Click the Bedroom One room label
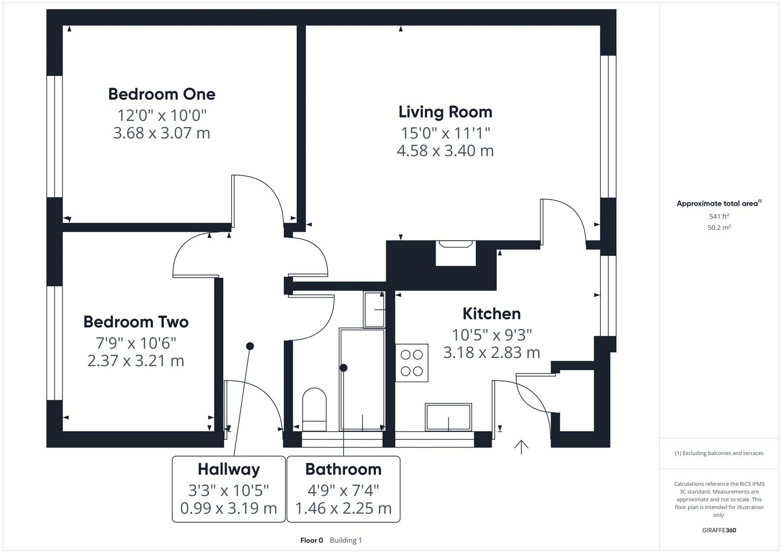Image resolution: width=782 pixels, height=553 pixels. [161, 94]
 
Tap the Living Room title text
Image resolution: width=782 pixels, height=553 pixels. [445, 112]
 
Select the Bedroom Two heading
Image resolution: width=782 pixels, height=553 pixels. [136, 322]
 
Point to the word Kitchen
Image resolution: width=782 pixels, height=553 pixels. [491, 314]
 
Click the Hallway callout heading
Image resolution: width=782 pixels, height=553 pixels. [228, 470]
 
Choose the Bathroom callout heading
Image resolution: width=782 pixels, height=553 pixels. [343, 470]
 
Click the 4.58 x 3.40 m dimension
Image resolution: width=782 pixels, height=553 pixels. [445, 151]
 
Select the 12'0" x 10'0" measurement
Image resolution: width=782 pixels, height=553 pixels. [161, 115]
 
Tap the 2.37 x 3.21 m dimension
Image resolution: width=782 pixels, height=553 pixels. [136, 361]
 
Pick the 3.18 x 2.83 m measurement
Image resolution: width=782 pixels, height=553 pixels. [491, 353]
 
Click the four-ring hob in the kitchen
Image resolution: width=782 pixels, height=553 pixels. [412, 363]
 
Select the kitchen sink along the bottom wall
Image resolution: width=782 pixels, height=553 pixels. [448, 417]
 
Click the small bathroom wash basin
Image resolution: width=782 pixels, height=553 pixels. [374, 309]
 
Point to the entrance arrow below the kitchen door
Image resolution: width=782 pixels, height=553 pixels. [521, 446]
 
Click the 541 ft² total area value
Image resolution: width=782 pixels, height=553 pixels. [719, 217]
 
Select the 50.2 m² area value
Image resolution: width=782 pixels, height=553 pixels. [719, 228]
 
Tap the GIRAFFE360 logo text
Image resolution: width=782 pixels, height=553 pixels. [719, 530]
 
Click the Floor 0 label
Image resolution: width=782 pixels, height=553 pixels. [311, 540]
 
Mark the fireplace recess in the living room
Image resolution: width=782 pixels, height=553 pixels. [455, 253]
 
